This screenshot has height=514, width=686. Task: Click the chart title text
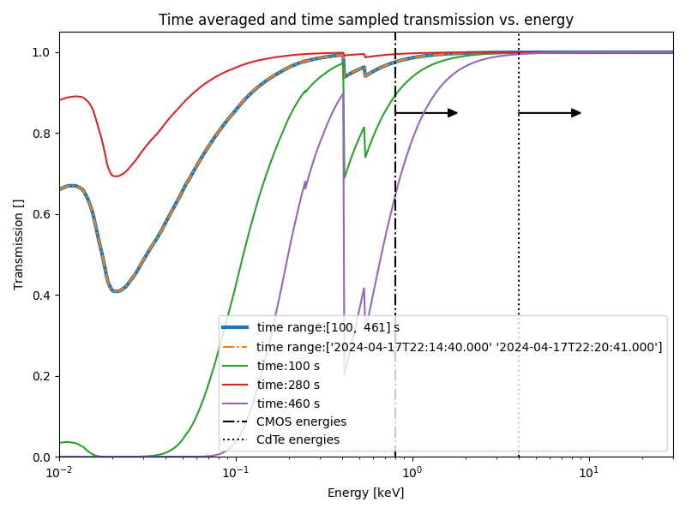coord(365,20)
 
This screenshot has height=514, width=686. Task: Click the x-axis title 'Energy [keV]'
coord(365,493)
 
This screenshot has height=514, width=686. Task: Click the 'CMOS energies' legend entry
coord(301,421)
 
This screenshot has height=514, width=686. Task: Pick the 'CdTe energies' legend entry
coord(298,440)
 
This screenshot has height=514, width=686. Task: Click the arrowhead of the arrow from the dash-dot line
coord(453,113)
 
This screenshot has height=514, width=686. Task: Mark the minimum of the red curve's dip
coord(116,176)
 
